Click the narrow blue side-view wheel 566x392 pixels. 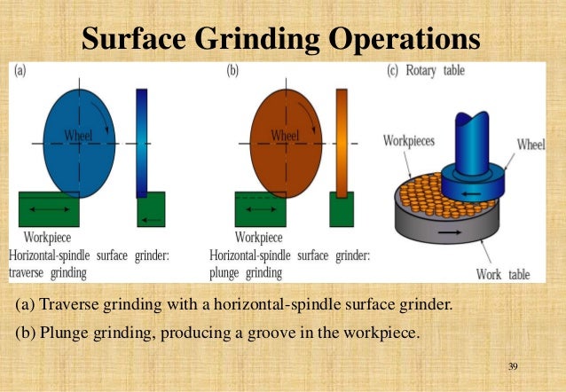(143, 142)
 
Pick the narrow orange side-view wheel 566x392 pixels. (342, 142)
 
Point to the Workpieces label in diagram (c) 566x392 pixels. (409, 140)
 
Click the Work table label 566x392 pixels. (501, 273)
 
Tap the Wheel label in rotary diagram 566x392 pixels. (531, 145)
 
